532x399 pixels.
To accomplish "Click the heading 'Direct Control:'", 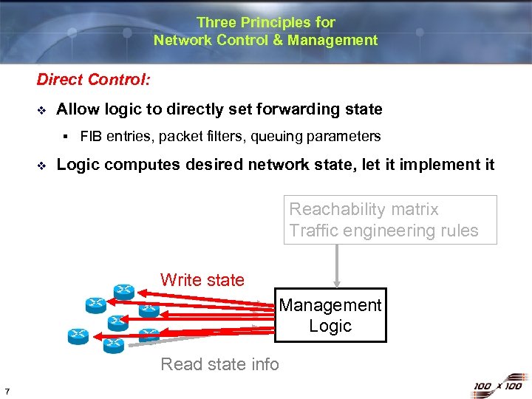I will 94,79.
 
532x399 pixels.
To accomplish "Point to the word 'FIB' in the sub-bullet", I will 91,136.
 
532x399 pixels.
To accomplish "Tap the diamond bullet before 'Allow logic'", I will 41,110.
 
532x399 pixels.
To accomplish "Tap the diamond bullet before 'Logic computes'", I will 41,165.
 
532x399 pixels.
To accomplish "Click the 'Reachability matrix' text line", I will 364,209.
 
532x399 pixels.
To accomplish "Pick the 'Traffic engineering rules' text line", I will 383,231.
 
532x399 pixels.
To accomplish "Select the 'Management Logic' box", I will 330,316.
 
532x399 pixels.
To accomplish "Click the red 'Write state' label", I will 202,280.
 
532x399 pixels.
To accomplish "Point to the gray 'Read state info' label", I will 219,364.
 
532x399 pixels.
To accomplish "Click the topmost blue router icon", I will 123,290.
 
